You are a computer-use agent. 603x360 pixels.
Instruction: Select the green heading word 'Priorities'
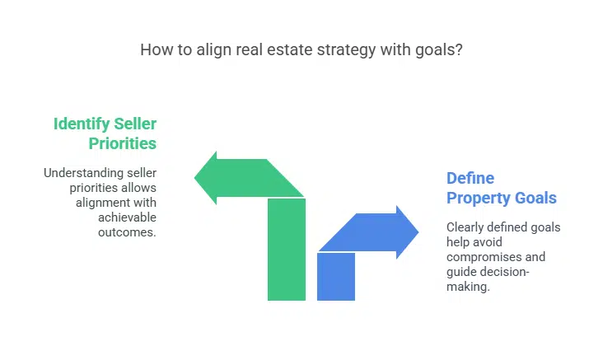click(x=123, y=143)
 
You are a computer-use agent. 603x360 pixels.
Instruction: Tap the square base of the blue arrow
click(x=335, y=275)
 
